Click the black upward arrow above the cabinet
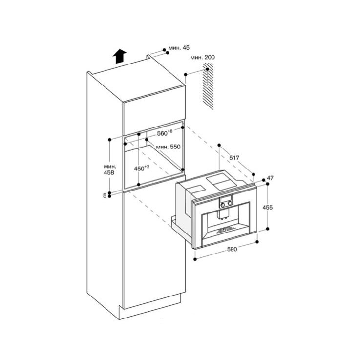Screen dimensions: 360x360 pos(120,56)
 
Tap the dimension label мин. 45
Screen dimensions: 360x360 pos(179,48)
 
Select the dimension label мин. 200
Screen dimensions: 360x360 pos(203,57)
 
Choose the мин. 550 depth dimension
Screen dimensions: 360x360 pos(169,147)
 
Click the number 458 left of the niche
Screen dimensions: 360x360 pos(109,172)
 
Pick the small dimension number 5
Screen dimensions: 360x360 pos(105,196)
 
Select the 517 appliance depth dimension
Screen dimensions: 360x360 pos(234,158)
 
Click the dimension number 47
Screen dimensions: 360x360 pos(270,178)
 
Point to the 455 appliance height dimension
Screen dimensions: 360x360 pos(268,207)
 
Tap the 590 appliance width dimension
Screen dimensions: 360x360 pos(232,249)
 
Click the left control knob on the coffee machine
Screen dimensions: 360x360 pos(222,203)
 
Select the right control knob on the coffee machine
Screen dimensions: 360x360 pos(229,203)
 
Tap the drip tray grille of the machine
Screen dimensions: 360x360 pos(226,230)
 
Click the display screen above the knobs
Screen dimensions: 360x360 pos(226,198)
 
